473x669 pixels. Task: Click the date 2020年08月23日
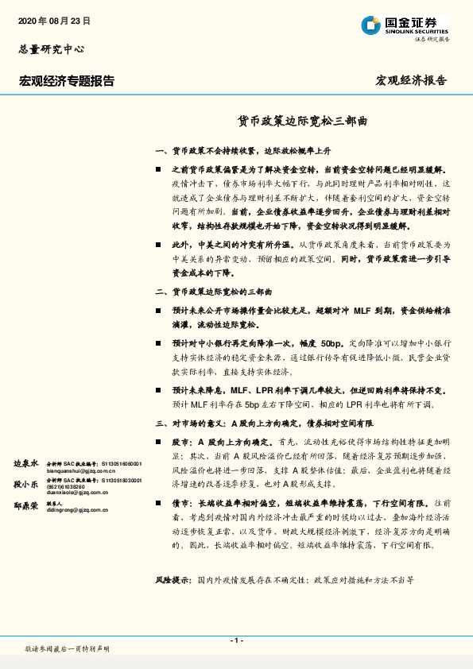[x=54, y=21]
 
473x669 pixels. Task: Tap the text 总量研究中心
[x=52, y=49]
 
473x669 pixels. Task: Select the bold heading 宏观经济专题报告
[x=67, y=80]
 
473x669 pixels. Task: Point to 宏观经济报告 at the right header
[x=411, y=80]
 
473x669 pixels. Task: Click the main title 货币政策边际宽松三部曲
[x=303, y=122]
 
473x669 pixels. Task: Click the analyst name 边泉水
[x=26, y=463]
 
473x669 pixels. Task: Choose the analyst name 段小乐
[x=26, y=483]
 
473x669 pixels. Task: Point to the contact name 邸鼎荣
[x=26, y=504]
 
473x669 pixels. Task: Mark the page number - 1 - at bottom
[x=236, y=640]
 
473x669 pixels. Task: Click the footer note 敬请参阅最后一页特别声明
[x=68, y=649]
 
